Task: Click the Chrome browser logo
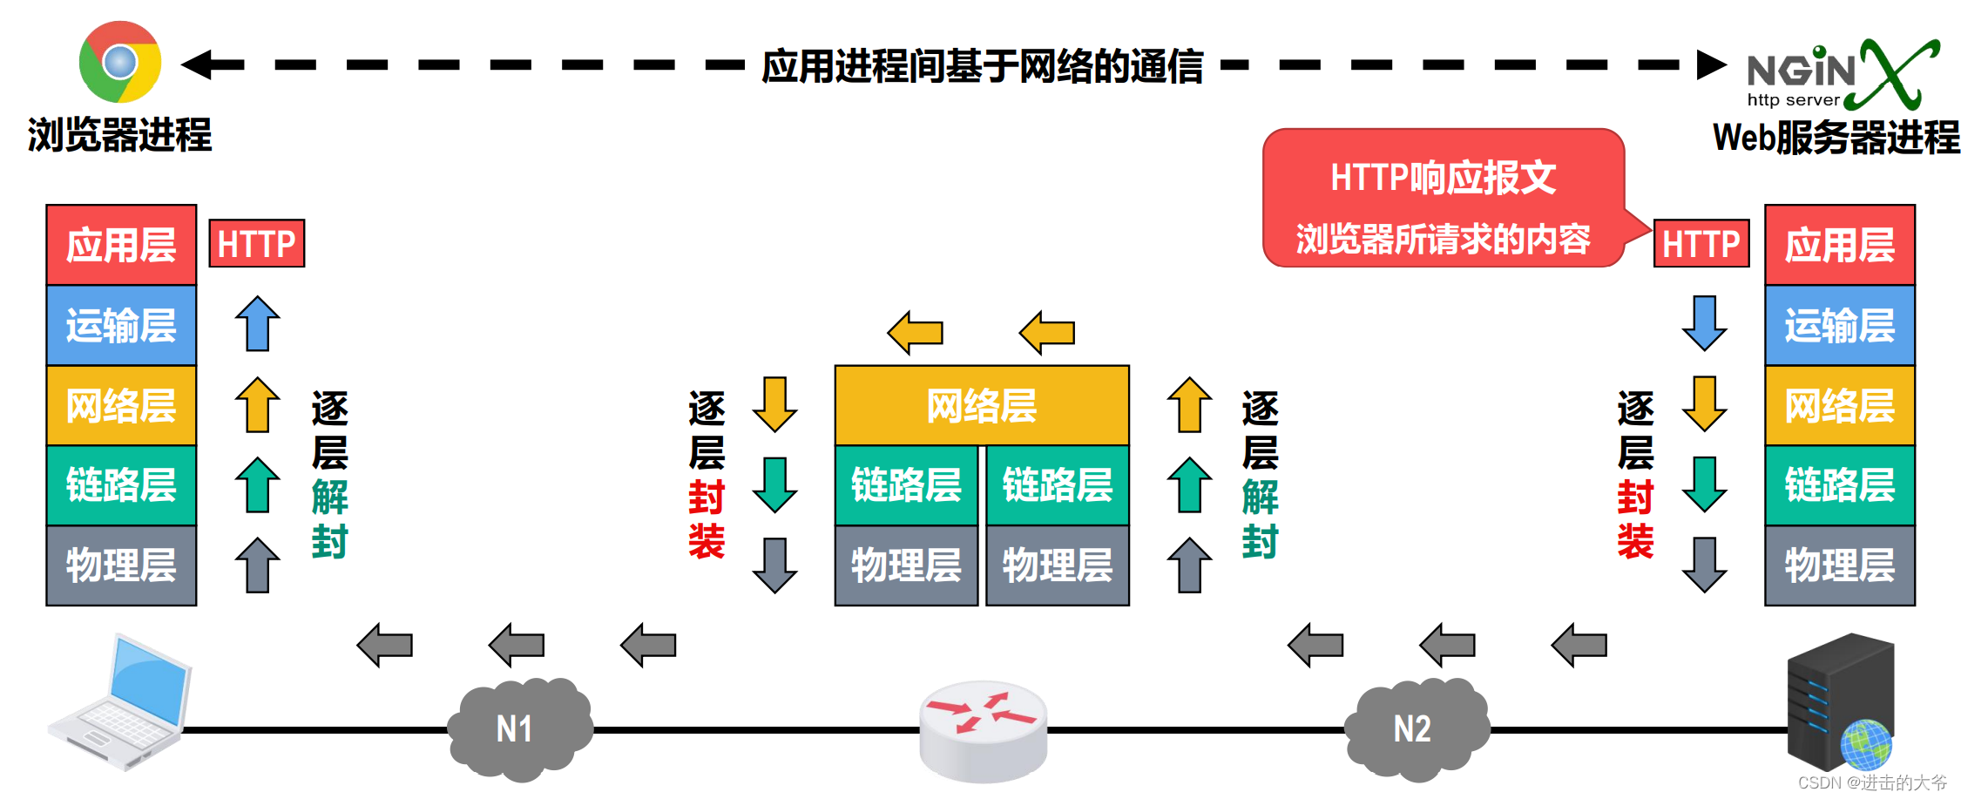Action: tap(120, 62)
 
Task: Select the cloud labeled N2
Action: tap(1415, 728)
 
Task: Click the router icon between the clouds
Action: tap(983, 728)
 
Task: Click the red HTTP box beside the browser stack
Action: tap(257, 243)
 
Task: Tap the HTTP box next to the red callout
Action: tap(1701, 243)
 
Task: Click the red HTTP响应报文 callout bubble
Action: tap(1443, 199)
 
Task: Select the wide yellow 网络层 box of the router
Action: tap(982, 406)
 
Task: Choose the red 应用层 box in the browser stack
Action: tap(121, 245)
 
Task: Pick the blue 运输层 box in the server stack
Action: tap(1839, 325)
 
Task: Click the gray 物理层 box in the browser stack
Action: tap(121, 565)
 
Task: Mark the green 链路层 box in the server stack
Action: tap(1839, 485)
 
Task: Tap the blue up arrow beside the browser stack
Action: tap(257, 323)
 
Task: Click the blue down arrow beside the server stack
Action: tap(1704, 322)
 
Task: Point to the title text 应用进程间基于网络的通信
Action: tap(982, 66)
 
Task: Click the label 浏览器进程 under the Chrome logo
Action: tap(119, 135)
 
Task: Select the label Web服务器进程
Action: tap(1836, 138)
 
